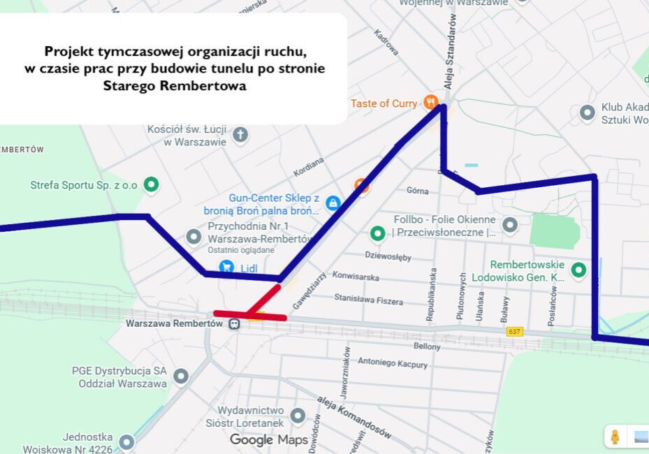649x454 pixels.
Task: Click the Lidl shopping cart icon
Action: pyautogui.click(x=226, y=266)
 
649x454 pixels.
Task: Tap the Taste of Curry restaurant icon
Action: pyautogui.click(x=430, y=103)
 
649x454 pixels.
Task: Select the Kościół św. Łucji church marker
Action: pyautogui.click(x=240, y=134)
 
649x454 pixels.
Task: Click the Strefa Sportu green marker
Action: pyautogui.click(x=151, y=185)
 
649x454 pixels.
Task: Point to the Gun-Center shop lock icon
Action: pyautogui.click(x=333, y=203)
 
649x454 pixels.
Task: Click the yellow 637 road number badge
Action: pyautogui.click(x=515, y=331)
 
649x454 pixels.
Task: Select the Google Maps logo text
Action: pyautogui.click(x=269, y=439)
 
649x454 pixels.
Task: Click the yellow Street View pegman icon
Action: pyautogui.click(x=615, y=437)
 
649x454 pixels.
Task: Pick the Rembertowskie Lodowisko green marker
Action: pyautogui.click(x=578, y=270)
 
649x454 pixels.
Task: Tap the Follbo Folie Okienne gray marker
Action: pyautogui.click(x=510, y=225)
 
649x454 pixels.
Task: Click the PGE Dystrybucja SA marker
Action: pyautogui.click(x=181, y=376)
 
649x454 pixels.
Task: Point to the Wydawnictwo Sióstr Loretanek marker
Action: pyautogui.click(x=298, y=416)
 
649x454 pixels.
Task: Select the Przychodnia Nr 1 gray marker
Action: pyautogui.click(x=194, y=237)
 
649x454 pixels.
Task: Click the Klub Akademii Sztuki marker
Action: pyautogui.click(x=588, y=112)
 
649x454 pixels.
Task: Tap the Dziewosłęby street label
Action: pyautogui.click(x=388, y=256)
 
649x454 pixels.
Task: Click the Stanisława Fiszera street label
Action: pyautogui.click(x=368, y=300)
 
